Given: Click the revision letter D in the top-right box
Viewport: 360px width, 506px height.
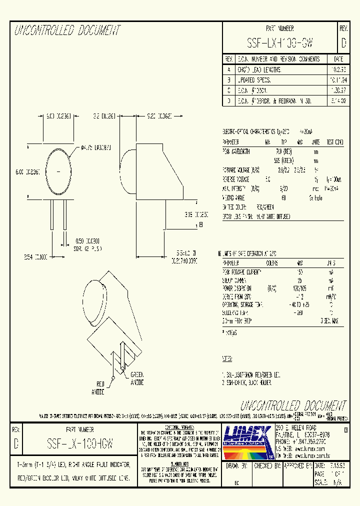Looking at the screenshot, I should coord(343,43).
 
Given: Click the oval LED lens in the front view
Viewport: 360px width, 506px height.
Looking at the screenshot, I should coord(59,171).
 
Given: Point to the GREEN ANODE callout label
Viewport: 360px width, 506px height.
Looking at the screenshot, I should coord(137,378).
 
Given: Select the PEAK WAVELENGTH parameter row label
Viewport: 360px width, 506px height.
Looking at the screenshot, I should coord(236,151).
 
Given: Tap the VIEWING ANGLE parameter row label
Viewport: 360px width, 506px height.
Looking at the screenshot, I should coord(234,197).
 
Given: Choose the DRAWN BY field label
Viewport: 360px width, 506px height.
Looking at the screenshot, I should coord(238,465).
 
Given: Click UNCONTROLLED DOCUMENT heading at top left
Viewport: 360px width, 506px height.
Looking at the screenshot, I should coord(67,30).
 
